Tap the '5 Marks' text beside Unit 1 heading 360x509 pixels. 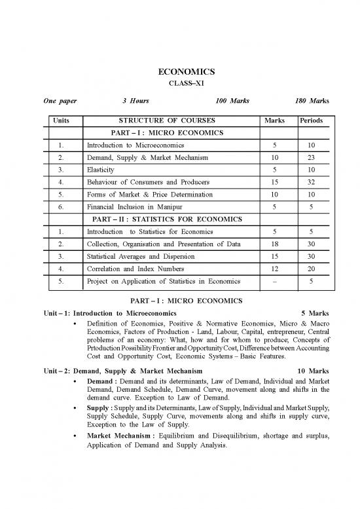[x=315, y=313]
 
